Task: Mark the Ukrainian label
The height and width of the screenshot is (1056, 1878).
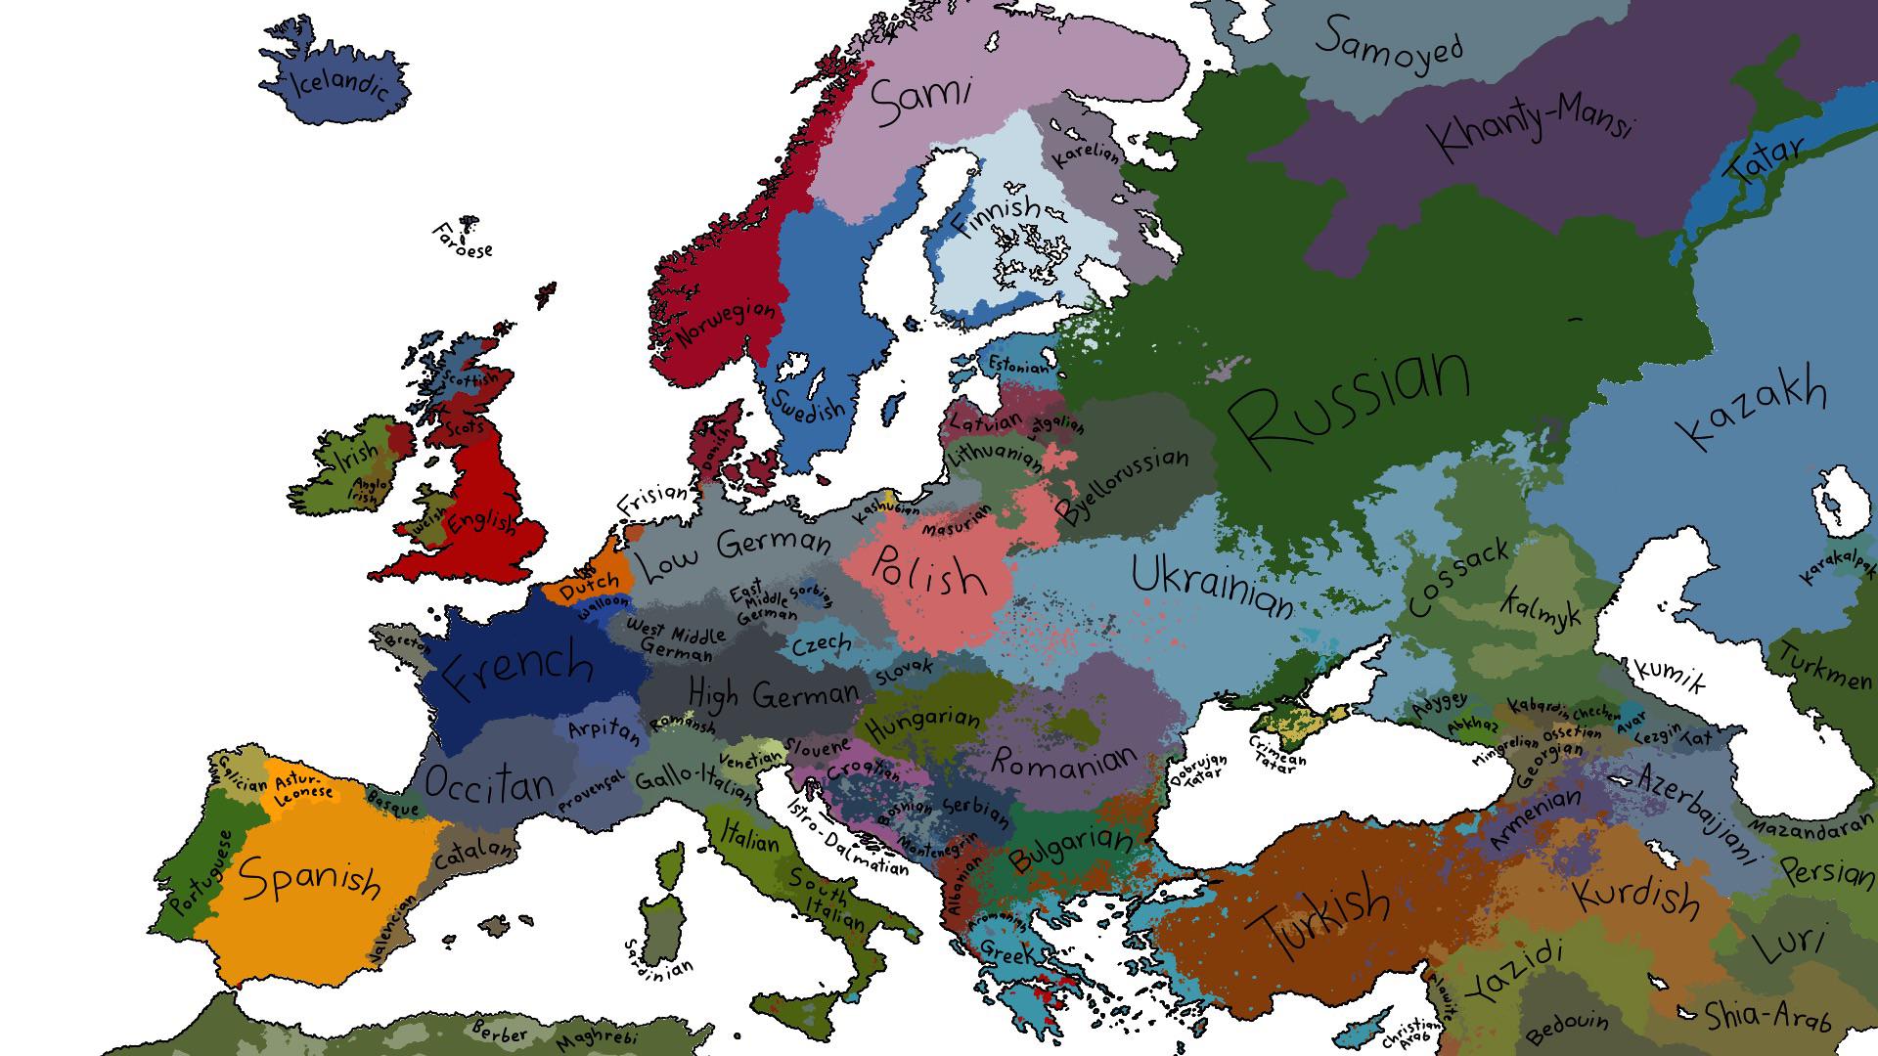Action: click(1213, 586)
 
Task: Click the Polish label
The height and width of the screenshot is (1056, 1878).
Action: click(928, 574)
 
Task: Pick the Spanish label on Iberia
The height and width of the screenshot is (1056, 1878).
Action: click(310, 876)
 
